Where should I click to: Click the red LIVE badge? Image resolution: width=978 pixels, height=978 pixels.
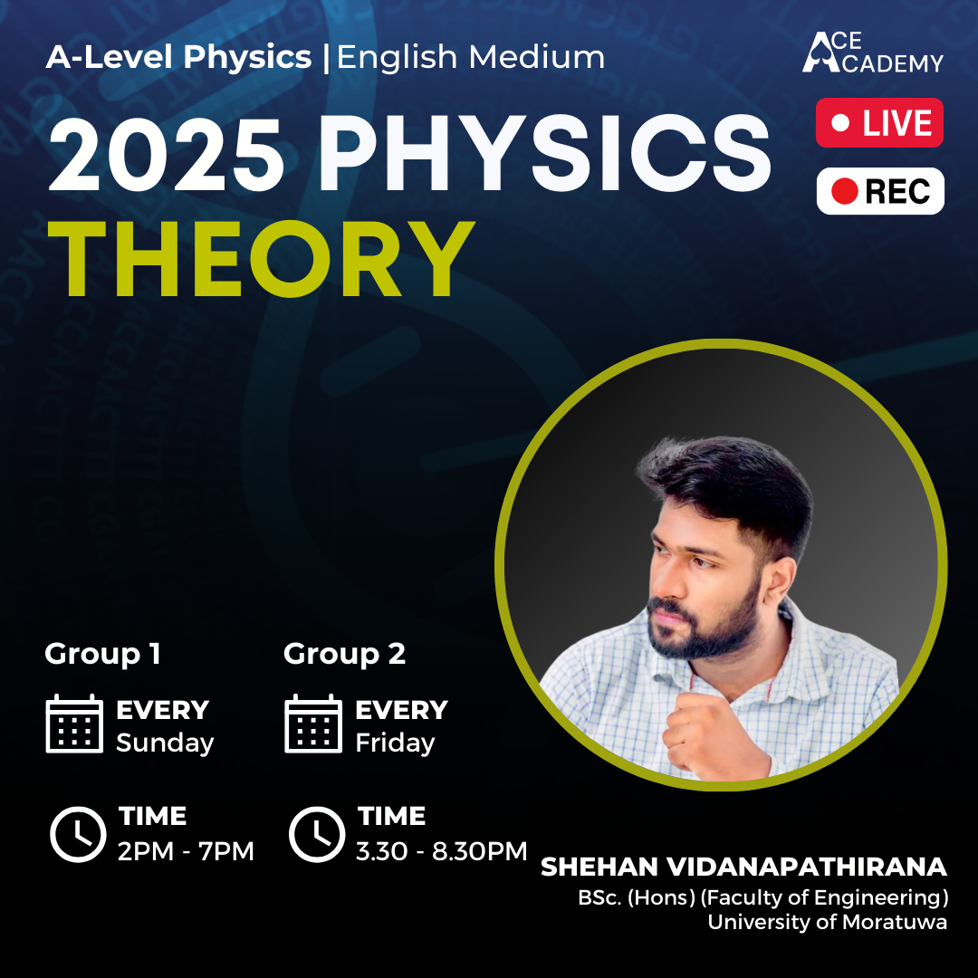point(879,122)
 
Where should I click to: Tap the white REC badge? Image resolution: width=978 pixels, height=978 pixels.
point(880,191)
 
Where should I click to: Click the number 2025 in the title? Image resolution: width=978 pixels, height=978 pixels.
point(166,155)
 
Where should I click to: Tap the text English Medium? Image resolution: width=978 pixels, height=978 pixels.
point(471,58)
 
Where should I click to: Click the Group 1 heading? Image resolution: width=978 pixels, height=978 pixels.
point(102,654)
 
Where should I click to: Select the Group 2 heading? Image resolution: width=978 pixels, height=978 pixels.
point(344,654)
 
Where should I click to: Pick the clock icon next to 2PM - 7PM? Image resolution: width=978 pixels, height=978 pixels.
point(78,833)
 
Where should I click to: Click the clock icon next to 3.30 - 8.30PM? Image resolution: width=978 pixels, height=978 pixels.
point(317,833)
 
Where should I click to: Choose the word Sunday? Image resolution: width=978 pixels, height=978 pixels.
point(165,743)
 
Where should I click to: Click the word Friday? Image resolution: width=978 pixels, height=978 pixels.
point(395,743)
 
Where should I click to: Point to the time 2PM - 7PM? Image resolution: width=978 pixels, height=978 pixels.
point(186,851)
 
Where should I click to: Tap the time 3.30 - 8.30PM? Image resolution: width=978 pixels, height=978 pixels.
point(442,851)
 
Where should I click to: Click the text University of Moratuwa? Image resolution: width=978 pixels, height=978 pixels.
point(827,923)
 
